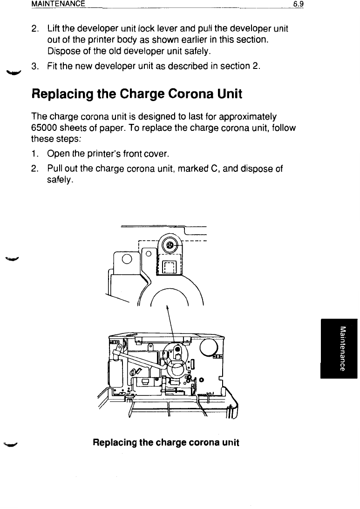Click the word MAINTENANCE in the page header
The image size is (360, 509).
click(x=58, y=4)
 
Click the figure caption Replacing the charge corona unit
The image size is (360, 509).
click(x=166, y=442)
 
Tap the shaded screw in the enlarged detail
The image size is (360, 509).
click(x=170, y=245)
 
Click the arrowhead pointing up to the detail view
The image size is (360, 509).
click(x=167, y=308)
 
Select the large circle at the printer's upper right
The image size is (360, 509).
click(x=208, y=346)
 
